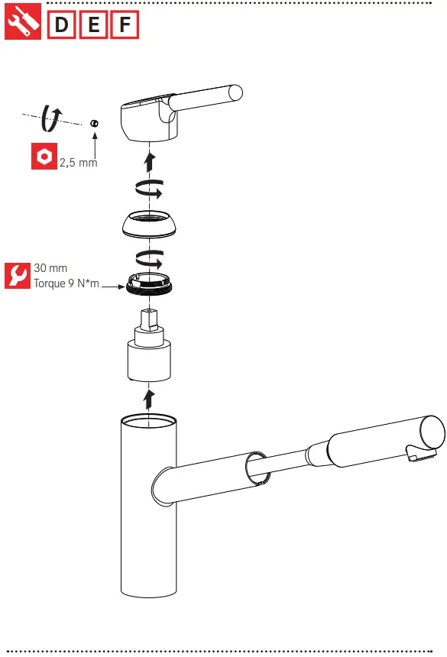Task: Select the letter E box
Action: (93, 26)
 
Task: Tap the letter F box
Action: (125, 26)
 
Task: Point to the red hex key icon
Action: (44, 157)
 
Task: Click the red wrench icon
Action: (17, 276)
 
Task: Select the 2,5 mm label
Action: (78, 163)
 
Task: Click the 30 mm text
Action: (50, 269)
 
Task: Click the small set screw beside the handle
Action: (94, 124)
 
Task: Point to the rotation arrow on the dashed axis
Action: (53, 117)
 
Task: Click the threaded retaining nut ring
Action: (151, 283)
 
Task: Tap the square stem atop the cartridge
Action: (150, 321)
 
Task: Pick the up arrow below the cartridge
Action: (150, 397)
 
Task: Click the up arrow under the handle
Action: (151, 160)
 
